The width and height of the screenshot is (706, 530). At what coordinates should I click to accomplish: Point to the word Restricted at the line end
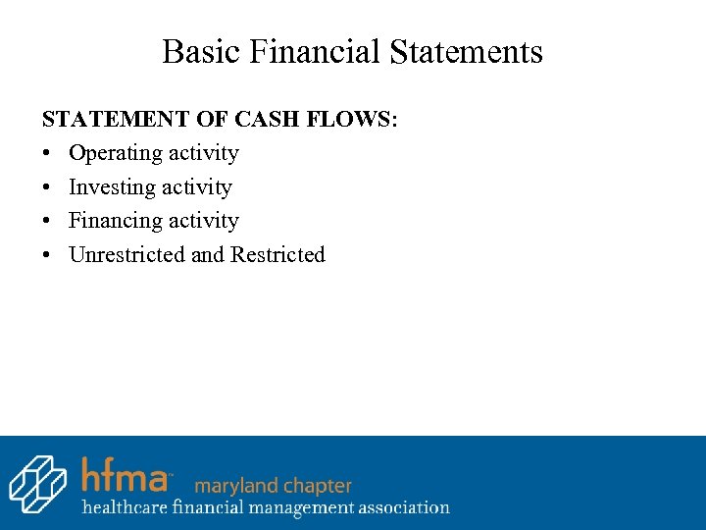[277, 255]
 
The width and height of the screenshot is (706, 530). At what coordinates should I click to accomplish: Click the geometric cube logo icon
[37, 484]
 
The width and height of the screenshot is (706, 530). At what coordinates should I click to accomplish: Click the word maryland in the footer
[231, 486]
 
